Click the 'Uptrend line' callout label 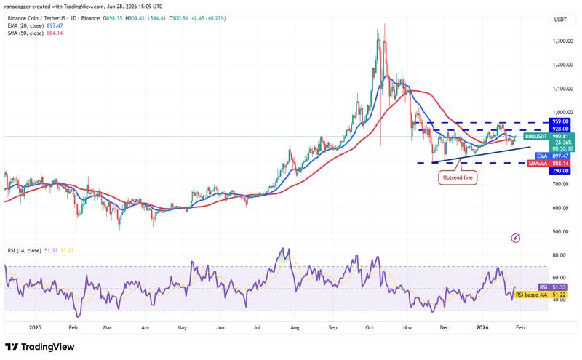(x=458, y=177)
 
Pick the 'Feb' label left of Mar (x=72, y=327)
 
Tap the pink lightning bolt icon (x=516, y=238)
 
